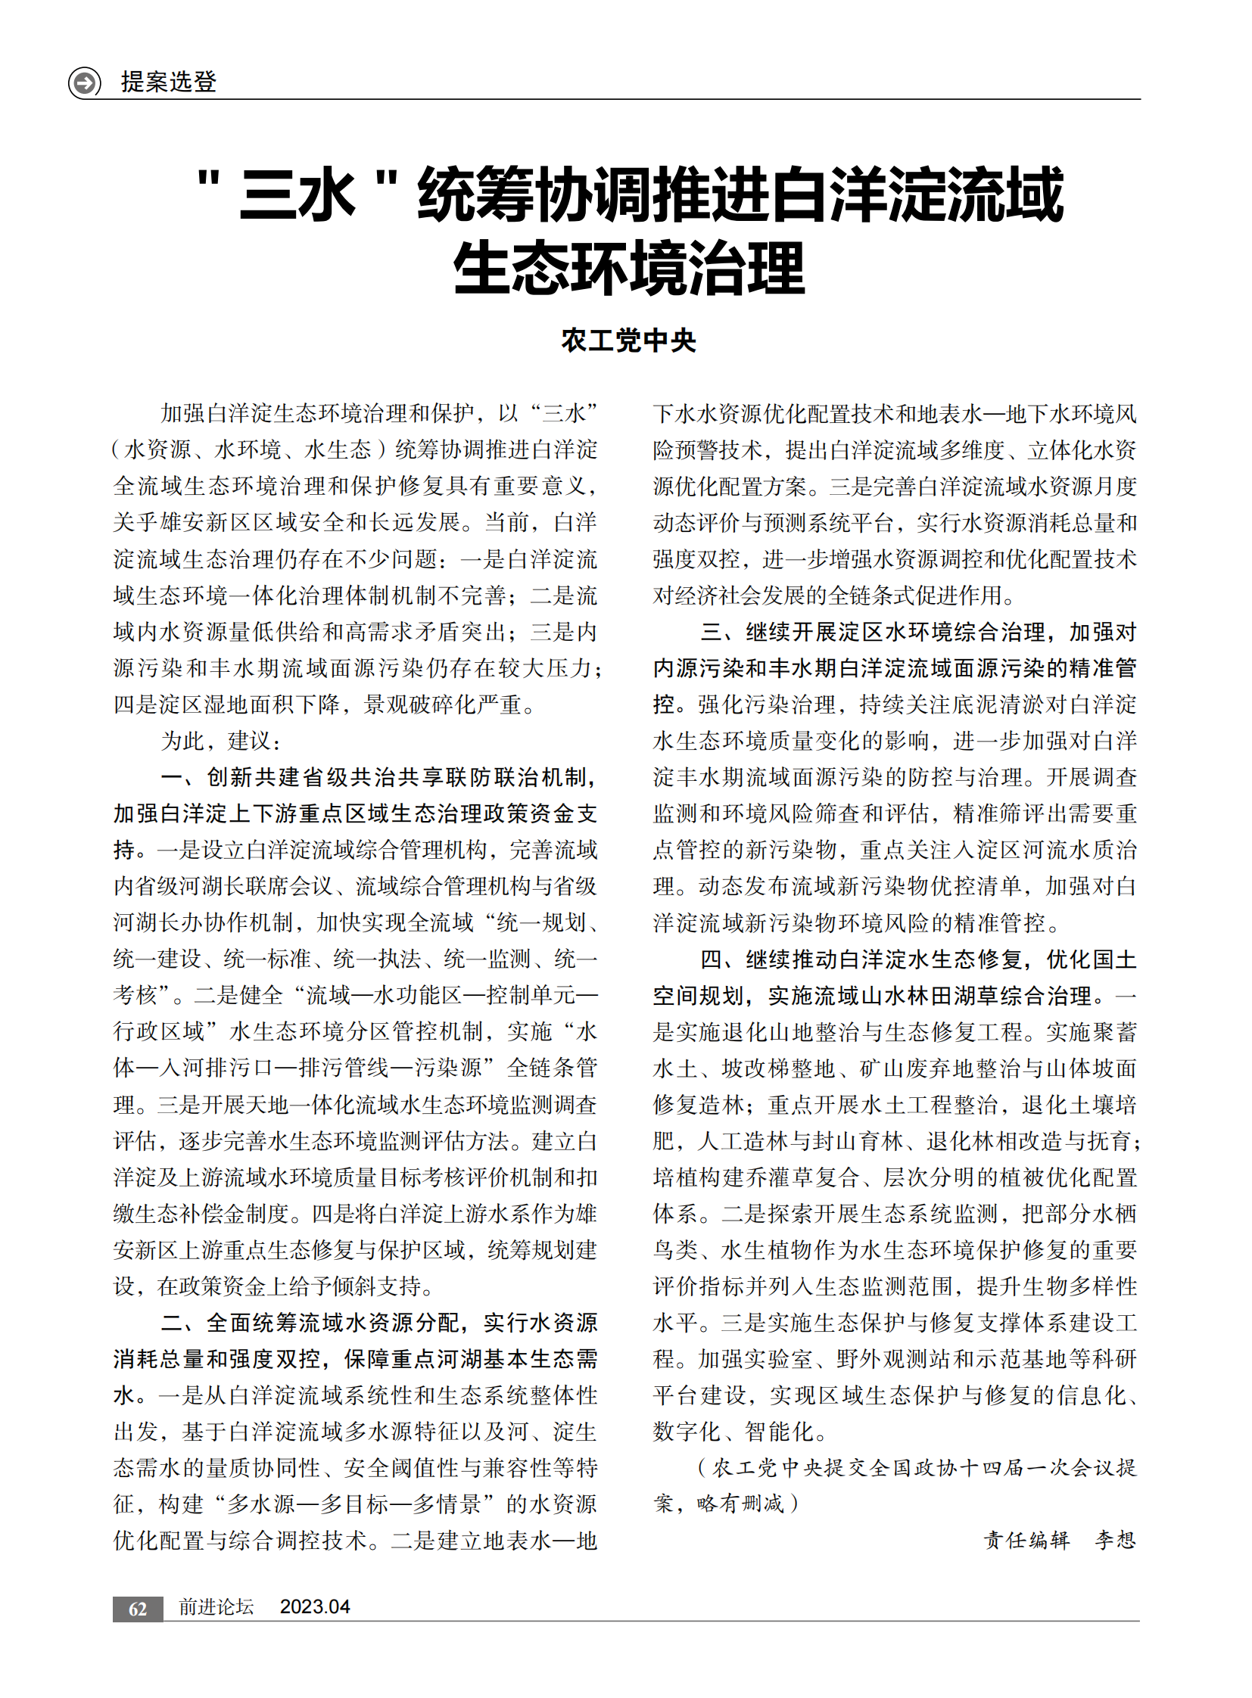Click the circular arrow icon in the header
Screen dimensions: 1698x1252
pyautogui.click(x=84, y=82)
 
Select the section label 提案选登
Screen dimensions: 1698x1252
pyautogui.click(x=168, y=81)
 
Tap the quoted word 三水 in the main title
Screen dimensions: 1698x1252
pyautogui.click(x=297, y=195)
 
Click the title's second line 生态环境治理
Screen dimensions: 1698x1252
pyautogui.click(x=628, y=268)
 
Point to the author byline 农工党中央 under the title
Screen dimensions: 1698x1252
pyautogui.click(x=628, y=341)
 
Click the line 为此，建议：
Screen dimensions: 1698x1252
pyautogui.click(x=220, y=740)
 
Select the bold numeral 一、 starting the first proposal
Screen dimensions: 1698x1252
pyautogui.click(x=180, y=776)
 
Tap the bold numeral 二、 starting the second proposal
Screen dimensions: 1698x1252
pyautogui.click(x=180, y=1322)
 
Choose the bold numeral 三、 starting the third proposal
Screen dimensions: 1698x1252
pyautogui.click(x=720, y=631)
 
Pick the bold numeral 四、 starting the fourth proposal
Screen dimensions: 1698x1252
pyautogui.click(x=720, y=959)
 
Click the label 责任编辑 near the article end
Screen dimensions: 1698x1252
pyautogui.click(x=1026, y=1540)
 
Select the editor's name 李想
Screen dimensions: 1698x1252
pyautogui.click(x=1114, y=1540)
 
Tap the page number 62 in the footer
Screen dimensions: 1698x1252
pyautogui.click(x=137, y=1609)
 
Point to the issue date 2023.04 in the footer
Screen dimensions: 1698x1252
pyautogui.click(x=315, y=1607)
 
